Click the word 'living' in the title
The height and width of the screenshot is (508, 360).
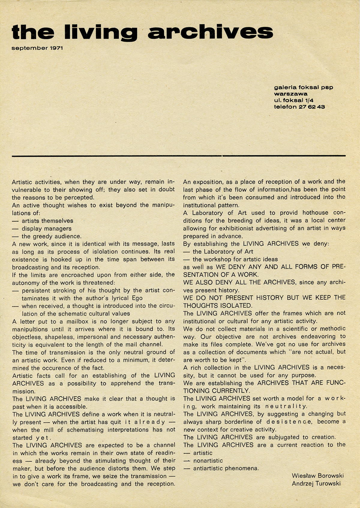pyautogui.click(x=101, y=32)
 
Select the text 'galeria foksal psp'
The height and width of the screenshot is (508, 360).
pyautogui.click(x=303, y=87)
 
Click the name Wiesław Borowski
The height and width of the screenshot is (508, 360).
pyautogui.click(x=317, y=476)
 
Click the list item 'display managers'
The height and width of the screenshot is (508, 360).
pyautogui.click(x=46, y=228)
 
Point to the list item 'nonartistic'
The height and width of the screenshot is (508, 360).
pyautogui.click(x=208, y=461)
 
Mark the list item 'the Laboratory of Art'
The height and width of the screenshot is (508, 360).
pyautogui.click(x=223, y=251)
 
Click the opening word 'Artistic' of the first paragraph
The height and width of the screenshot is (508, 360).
pyautogui.click(x=24, y=182)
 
